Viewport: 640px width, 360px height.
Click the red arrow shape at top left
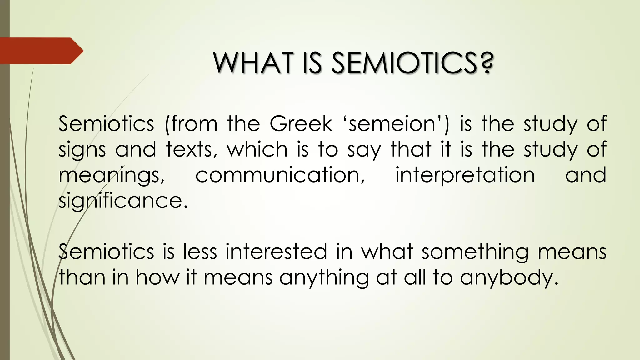pyautogui.click(x=41, y=51)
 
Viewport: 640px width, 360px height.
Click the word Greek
pyautogui.click(x=301, y=124)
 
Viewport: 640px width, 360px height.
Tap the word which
pyautogui.click(x=257, y=149)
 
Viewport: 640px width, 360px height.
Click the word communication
pyautogui.click(x=280, y=175)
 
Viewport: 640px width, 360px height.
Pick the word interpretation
pyautogui.click(x=465, y=176)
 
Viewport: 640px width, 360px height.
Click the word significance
pyautogui.click(x=123, y=201)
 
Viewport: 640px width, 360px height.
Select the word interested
pyautogui.click(x=276, y=252)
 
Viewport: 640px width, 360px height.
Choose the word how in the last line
pyautogui.click(x=157, y=277)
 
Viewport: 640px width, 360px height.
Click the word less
pyautogui.click(x=200, y=252)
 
